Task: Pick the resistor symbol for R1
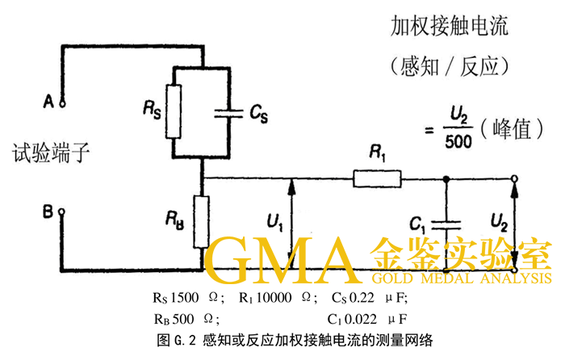(x=377, y=179)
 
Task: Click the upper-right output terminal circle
(x=515, y=179)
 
